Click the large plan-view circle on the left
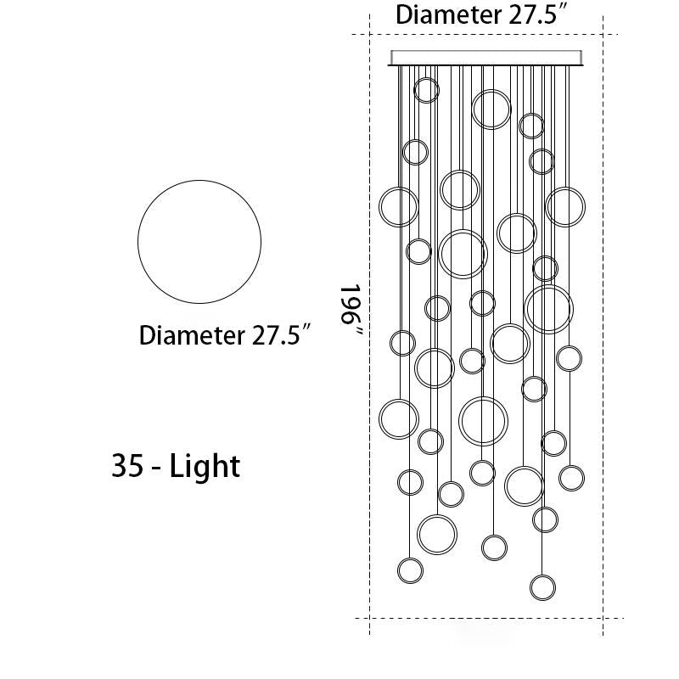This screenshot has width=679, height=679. [138, 242]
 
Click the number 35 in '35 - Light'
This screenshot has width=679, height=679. [126, 465]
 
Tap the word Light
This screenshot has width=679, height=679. [205, 466]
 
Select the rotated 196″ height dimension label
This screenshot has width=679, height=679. [351, 310]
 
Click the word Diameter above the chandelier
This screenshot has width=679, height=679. [448, 14]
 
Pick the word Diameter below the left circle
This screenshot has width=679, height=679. [192, 335]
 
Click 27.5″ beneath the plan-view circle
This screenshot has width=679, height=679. [282, 335]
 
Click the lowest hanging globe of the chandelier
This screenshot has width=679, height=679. [542, 576]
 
